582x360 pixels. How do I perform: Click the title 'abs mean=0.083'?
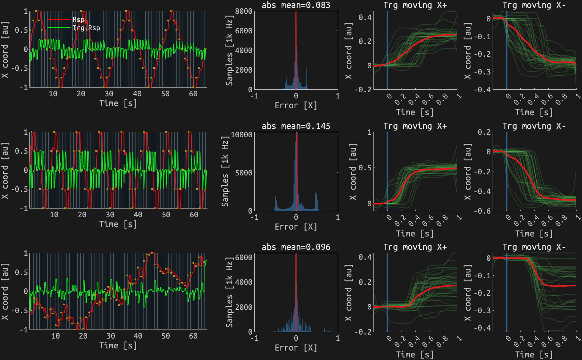coord(296,5)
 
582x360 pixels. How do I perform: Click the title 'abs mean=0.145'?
coord(296,126)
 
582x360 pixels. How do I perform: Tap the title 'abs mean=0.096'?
coord(296,247)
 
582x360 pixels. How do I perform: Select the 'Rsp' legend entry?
coord(78,20)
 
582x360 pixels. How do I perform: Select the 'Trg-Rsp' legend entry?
coord(86,28)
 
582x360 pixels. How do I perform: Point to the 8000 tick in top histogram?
coord(244,11)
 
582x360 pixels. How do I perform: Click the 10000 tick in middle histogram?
coord(242,135)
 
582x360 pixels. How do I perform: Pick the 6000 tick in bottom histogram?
coord(244,258)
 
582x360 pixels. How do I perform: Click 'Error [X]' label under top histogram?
coord(296,106)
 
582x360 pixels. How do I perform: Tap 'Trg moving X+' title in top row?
coord(415,5)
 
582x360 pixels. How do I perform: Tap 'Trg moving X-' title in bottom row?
coord(534,247)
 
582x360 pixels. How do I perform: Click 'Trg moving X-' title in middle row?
coord(534,126)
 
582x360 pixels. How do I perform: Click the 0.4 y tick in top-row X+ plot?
coord(365,17)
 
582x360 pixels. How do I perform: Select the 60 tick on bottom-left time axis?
coord(193,336)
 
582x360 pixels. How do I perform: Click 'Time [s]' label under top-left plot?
coord(118,103)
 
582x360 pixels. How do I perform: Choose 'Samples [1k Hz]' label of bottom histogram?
coord(229,293)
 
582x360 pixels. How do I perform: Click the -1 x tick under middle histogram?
coord(255,217)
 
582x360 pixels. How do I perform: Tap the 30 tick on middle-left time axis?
coord(110,215)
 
